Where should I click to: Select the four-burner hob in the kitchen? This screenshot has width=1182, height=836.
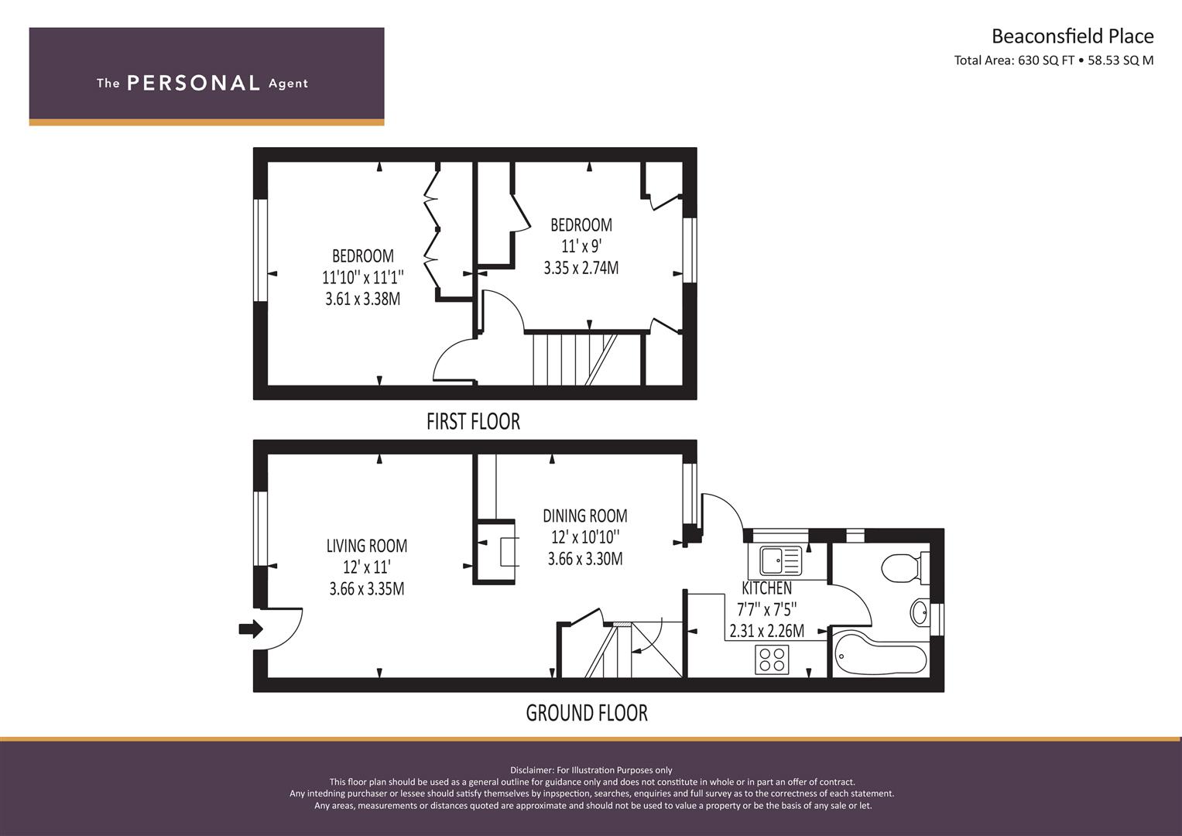772,660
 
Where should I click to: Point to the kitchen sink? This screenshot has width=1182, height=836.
781,560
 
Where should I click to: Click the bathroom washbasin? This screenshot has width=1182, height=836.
920,612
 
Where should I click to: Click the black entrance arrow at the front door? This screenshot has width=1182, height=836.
251,629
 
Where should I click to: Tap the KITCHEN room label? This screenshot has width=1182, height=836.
767,588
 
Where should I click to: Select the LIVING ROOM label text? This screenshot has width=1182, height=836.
367,546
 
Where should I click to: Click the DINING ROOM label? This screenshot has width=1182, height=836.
585,516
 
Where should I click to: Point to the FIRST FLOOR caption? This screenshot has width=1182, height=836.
473,422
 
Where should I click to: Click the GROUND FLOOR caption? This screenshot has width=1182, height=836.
587,713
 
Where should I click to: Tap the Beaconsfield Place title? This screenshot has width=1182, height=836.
1073,36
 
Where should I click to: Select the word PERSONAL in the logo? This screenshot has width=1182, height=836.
194,84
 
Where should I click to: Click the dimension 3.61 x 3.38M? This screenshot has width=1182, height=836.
363,300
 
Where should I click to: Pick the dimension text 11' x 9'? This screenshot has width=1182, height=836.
581,246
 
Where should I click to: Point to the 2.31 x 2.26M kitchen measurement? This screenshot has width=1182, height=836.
767,631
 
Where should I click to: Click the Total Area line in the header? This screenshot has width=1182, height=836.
1054,60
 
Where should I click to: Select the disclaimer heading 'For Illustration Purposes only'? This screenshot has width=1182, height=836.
614,770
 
